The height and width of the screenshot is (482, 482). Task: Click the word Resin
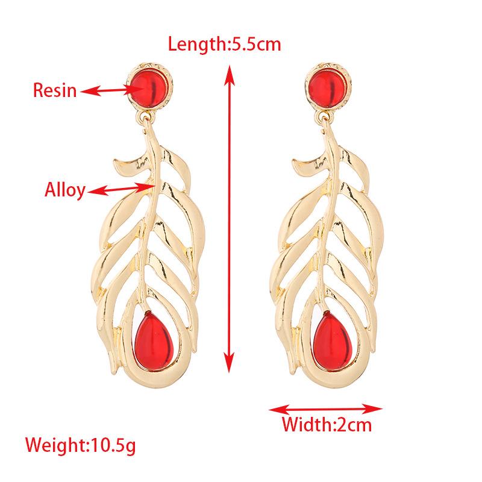coord(54,91)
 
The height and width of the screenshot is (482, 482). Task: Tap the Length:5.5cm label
coord(224,44)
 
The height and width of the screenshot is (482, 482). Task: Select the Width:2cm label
coord(327,425)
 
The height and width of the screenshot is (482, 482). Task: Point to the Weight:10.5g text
coord(81,446)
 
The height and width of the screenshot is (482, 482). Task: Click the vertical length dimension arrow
coord(228,217)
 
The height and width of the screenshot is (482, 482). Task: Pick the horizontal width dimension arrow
coord(325,408)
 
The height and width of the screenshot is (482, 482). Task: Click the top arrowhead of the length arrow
coord(228,72)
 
